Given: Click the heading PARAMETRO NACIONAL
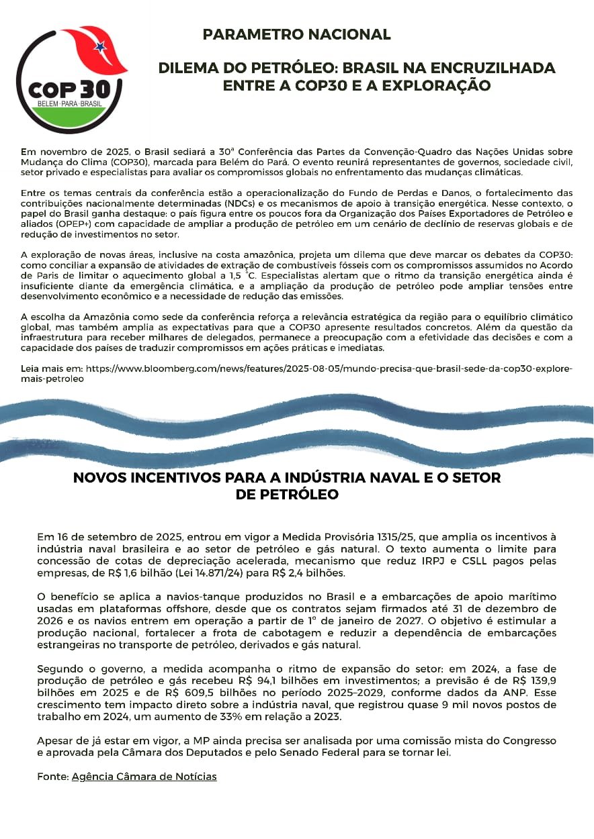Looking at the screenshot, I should tap(296, 34).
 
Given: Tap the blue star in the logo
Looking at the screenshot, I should tap(100, 47).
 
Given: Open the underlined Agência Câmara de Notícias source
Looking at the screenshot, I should tap(144, 776).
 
